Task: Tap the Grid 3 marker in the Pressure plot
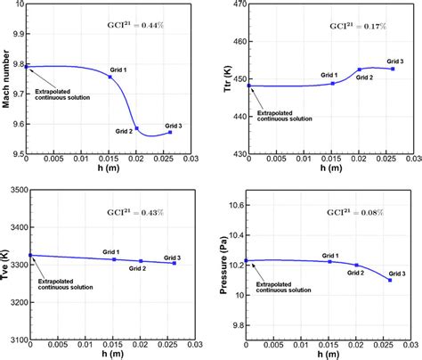click(390, 280)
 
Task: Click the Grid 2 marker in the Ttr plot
click(360, 69)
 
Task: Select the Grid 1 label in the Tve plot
click(111, 251)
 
